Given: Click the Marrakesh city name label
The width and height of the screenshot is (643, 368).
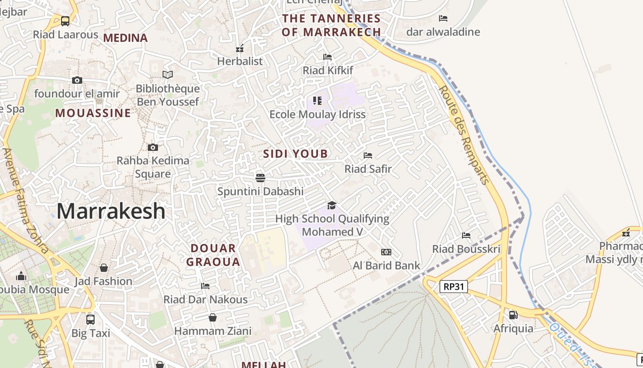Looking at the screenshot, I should point(111,211).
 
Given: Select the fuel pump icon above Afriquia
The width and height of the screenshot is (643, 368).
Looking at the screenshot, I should point(513,315).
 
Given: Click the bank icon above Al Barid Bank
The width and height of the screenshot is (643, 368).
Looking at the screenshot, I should point(386,252).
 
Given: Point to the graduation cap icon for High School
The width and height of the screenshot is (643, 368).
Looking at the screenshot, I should point(332,205).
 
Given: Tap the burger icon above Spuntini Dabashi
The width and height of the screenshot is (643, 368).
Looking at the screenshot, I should point(260,178).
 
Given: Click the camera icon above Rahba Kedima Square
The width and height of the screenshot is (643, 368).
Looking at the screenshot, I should point(153,147).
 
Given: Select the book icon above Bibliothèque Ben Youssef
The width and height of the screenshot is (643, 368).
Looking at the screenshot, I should point(168,75).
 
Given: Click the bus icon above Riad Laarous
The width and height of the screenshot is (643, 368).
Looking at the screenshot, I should point(65,21).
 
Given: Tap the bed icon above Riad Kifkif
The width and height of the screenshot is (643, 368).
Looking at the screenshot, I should point(327,57).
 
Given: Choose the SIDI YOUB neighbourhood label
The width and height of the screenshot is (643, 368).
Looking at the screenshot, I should point(296,154).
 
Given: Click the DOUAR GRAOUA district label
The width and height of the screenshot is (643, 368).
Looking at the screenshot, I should point(215,255).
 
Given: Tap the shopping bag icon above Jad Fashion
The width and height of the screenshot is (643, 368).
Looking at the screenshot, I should point(104,268).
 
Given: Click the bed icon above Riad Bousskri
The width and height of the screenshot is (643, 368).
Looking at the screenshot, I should point(466,236).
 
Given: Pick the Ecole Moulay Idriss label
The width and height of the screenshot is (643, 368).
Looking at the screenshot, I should point(317,114).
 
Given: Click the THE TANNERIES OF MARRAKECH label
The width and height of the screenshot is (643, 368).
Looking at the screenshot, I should point(331,25).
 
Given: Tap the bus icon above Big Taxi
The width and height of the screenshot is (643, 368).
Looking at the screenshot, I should point(90,319).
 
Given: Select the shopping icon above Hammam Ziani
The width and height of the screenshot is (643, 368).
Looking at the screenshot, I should point(213,317).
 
